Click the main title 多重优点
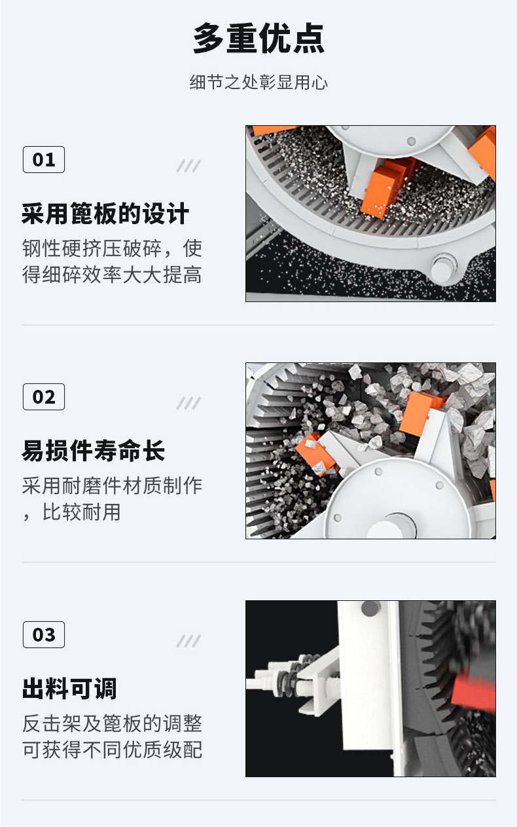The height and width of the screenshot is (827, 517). pos(258,39)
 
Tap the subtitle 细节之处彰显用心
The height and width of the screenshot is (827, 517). pos(258,83)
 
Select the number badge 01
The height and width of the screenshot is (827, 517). pos(44,159)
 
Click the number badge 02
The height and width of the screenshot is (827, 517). pos(44,397)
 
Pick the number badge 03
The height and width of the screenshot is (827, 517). pos(44,634)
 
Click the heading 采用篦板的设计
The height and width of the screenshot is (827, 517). pos(105,214)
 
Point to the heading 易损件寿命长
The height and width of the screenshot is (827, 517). pos(94,452)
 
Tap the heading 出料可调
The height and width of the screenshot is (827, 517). pos(69,689)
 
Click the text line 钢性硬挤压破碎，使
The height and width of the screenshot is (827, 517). pos(112,248)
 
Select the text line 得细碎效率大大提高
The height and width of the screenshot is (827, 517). pos(112,275)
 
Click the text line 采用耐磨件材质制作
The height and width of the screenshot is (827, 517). pos(112,486)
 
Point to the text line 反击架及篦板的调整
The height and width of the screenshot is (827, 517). pos(112,723)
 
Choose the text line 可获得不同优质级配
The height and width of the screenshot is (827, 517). pos(112,749)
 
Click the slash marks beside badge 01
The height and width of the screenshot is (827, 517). pos(188,166)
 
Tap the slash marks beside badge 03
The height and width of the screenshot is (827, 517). pos(188,641)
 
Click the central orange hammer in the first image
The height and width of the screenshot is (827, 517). pos(384,187)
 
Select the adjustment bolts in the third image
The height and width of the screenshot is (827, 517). pos(288,675)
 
